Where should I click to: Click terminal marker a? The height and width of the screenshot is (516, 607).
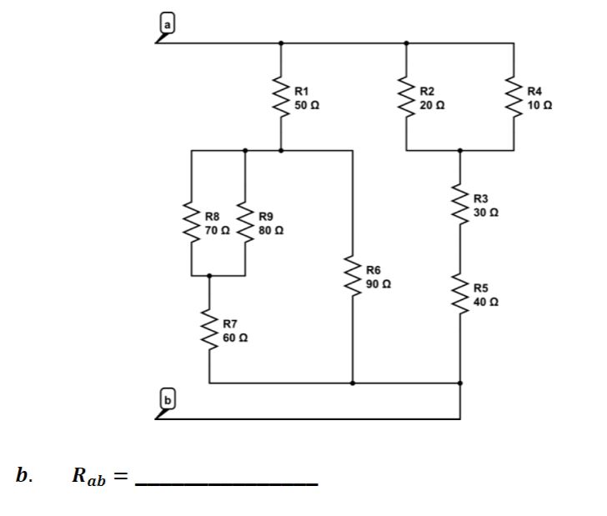pyautogui.click(x=167, y=26)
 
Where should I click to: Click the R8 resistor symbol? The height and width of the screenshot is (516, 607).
pyautogui.click(x=192, y=223)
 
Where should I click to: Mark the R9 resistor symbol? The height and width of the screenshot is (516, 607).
pyautogui.click(x=244, y=223)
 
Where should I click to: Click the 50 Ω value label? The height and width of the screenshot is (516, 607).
pyautogui.click(x=307, y=106)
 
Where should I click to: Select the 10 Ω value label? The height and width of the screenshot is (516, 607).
pyautogui.click(x=539, y=106)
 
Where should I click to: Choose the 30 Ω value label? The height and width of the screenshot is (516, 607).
pyautogui.click(x=486, y=213)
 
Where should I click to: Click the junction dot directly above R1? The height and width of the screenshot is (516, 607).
pyautogui.click(x=280, y=43)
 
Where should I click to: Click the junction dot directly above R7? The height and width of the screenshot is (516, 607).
pyautogui.click(x=208, y=275)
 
